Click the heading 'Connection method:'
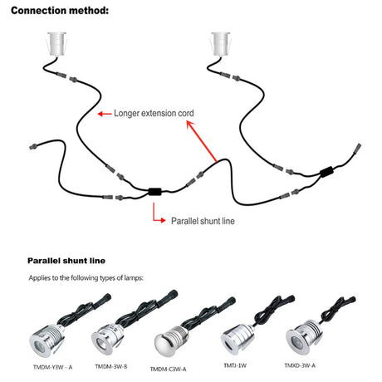click(x=60, y=11)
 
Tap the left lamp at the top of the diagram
click(x=56, y=44)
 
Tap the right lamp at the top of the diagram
click(x=220, y=44)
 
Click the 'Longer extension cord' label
click(x=154, y=113)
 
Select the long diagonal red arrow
click(x=202, y=141)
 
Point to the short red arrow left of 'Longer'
click(x=105, y=114)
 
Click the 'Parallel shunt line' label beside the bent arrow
click(x=203, y=221)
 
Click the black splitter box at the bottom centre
click(x=154, y=192)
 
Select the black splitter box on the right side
click(x=326, y=172)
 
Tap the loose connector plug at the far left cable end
click(x=33, y=146)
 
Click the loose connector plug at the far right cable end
click(x=357, y=147)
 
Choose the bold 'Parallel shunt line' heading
click(x=66, y=261)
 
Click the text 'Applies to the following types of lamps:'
click(x=86, y=277)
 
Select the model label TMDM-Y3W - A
click(x=52, y=367)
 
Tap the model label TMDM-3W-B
click(x=111, y=366)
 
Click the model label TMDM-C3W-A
click(x=168, y=369)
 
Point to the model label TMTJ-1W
click(x=235, y=365)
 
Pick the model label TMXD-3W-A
click(x=300, y=365)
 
